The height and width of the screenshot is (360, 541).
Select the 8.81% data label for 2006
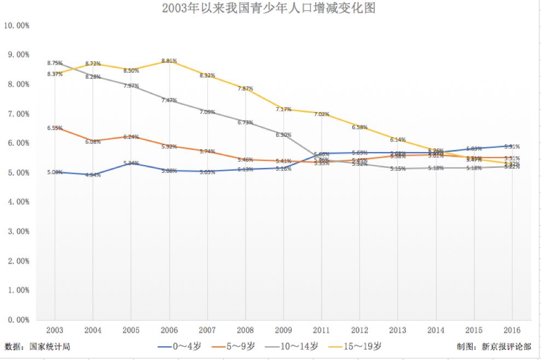pyautogui.click(x=169, y=61)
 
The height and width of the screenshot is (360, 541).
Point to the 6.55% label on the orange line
pyautogui.click(x=55, y=128)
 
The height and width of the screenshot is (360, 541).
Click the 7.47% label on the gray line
pyautogui.click(x=169, y=100)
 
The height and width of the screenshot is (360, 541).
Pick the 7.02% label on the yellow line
pyautogui.click(x=322, y=114)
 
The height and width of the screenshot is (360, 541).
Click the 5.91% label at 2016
pyautogui.click(x=512, y=147)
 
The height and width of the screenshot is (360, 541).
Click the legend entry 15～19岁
pyautogui.click(x=363, y=346)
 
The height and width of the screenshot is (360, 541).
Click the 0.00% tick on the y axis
pyautogui.click(x=18, y=320)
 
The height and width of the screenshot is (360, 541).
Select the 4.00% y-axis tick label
pyautogui.click(x=18, y=202)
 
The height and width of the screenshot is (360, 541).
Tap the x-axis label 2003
pyautogui.click(x=55, y=330)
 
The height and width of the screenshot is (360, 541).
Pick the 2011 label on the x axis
pyautogui.click(x=322, y=330)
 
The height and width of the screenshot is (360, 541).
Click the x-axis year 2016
pyautogui.click(x=512, y=330)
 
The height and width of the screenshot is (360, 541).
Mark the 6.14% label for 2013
pyautogui.click(x=398, y=140)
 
